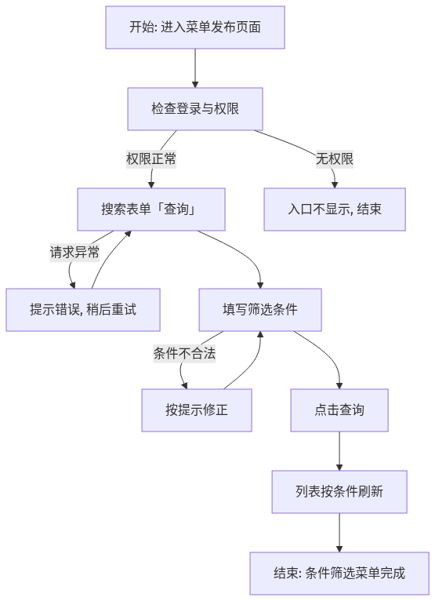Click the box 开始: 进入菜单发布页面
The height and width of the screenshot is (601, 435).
coord(195,27)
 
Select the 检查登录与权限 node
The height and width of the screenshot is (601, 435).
coord(195,109)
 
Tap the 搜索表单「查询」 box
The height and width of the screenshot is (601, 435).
coord(151,209)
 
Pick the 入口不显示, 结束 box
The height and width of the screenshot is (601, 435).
coord(335,209)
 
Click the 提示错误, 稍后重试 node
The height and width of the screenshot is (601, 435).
coord(83,310)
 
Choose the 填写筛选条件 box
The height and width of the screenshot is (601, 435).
coord(260,310)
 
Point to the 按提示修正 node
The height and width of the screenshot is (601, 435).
coord(197,410)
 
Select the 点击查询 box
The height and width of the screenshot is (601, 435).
coord(339,410)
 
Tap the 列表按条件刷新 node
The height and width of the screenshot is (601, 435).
coord(339,492)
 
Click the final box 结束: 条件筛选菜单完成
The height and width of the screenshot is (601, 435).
coord(339,574)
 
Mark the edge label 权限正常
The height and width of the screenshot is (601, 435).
coord(151,158)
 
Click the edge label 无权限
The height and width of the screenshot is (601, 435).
coord(335,158)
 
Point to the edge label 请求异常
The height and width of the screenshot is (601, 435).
coord(74,253)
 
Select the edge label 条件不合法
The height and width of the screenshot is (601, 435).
coord(184,353)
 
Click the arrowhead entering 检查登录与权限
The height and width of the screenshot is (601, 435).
coord(195,84)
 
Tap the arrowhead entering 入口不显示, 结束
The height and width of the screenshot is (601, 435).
coord(335,184)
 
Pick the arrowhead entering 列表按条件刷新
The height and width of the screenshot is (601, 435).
coord(339,468)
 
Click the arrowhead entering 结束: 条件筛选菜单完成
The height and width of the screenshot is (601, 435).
coord(339,549)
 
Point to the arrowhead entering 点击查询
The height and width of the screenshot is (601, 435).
coord(339,385)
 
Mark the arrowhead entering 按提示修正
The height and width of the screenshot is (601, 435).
coord(184,385)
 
